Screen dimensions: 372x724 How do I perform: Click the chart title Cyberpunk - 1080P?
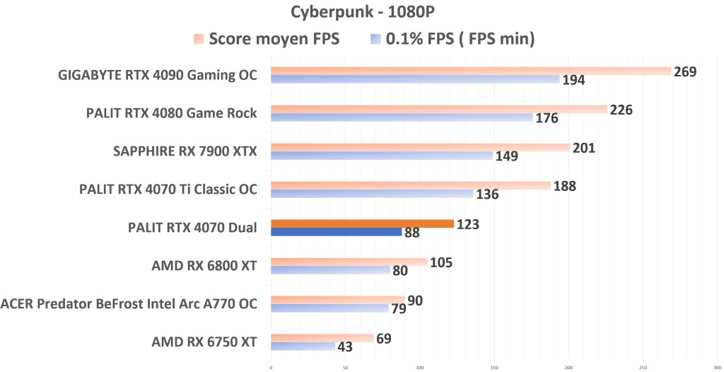(x=361, y=13)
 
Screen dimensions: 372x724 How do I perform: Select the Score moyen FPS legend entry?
(x=267, y=40)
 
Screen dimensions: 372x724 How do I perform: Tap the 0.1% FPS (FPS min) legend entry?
(x=452, y=40)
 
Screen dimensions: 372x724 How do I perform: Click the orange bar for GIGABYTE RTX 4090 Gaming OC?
(x=470, y=71)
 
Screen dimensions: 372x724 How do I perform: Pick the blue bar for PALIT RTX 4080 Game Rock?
(x=402, y=117)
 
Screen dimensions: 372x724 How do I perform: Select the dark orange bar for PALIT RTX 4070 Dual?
(x=362, y=223)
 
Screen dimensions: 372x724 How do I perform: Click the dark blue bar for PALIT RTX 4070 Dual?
(x=336, y=232)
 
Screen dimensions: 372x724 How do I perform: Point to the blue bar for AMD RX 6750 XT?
(x=303, y=347)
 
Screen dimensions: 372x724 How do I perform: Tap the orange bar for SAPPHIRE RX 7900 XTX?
(x=420, y=147)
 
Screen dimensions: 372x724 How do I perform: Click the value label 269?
(x=685, y=71)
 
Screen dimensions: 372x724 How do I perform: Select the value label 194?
(x=573, y=81)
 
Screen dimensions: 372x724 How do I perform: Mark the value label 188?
(x=564, y=186)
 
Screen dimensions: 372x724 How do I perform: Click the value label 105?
(x=440, y=263)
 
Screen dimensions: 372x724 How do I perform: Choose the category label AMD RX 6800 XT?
(x=204, y=266)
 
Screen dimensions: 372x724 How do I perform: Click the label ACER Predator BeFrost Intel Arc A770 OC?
(x=129, y=304)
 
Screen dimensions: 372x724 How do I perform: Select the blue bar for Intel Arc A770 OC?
(x=329, y=308)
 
